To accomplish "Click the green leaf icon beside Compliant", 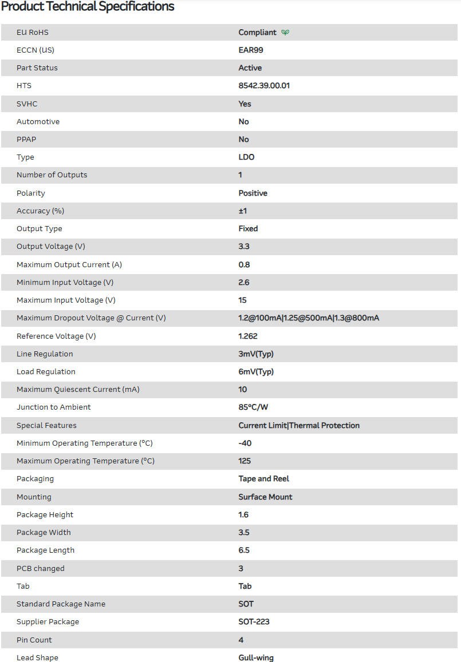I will click(x=285, y=33).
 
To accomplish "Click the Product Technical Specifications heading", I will click(x=88, y=7).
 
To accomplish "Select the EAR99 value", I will click(x=251, y=50).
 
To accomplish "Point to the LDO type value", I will click(x=246, y=157).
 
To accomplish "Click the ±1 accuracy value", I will click(x=243, y=211).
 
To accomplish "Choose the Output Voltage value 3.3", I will click(x=244, y=247).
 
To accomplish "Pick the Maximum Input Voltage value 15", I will click(x=243, y=300).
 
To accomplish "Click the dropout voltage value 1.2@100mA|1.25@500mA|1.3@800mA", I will click(x=309, y=318).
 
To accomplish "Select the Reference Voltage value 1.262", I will click(x=248, y=336).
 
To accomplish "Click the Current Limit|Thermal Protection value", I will click(x=299, y=426).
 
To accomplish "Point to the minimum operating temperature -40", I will click(x=245, y=443).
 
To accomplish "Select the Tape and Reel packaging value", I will click(x=264, y=479).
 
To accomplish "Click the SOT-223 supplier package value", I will click(x=255, y=622).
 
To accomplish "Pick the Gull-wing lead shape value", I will click(x=256, y=658).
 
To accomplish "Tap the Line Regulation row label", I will click(x=45, y=354).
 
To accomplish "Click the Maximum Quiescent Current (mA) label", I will click(x=78, y=390).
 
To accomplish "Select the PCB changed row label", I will click(x=41, y=569).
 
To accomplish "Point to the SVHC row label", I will click(x=27, y=104).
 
